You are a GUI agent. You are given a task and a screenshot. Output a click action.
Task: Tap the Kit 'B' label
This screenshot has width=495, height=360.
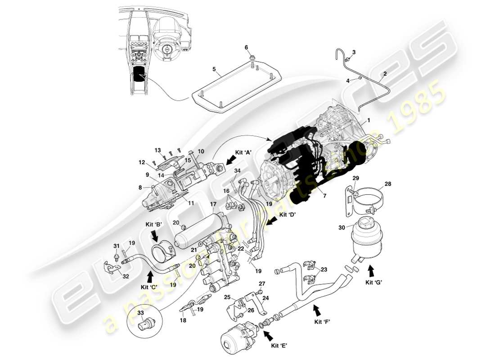(153, 224)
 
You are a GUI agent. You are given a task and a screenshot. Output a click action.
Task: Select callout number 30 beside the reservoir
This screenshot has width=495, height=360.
(342, 228)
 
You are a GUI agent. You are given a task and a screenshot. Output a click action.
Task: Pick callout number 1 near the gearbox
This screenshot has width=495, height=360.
(369, 121)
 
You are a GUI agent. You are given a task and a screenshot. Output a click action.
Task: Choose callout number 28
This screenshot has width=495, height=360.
(388, 184)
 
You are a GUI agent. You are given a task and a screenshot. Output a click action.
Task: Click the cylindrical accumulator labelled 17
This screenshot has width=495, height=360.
(199, 229)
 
